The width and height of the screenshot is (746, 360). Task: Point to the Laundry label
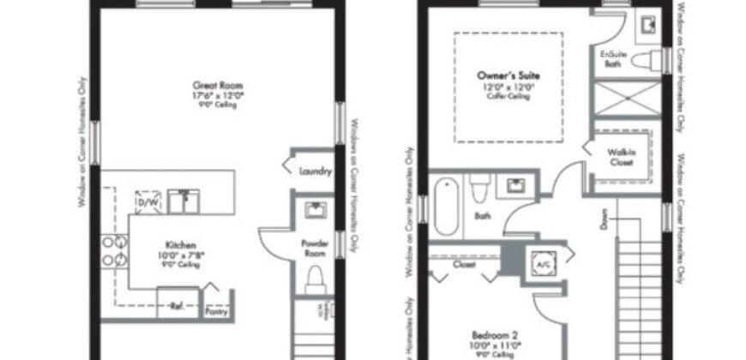click(x=315, y=171)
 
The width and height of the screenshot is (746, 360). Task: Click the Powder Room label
click(x=315, y=249)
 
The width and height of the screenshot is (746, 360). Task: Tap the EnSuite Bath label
click(x=612, y=57)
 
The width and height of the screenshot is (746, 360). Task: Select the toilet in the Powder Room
click(x=315, y=279)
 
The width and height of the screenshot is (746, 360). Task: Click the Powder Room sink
click(x=314, y=212)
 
